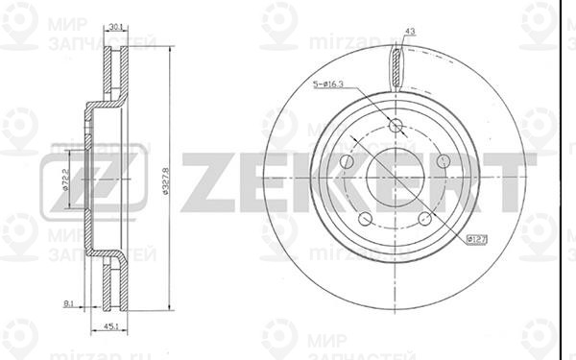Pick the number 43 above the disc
pyautogui.click(x=410, y=33)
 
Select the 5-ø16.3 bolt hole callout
pyautogui.click(x=338, y=86)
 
